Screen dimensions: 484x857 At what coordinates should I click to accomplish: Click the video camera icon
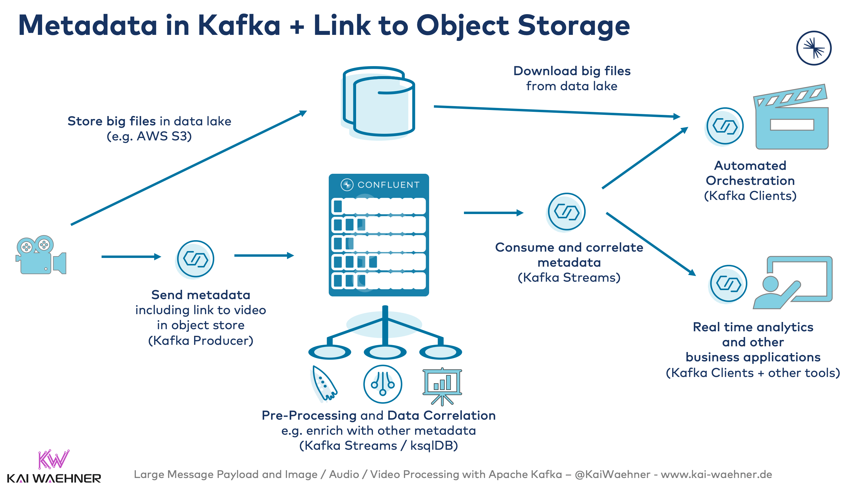[41, 255]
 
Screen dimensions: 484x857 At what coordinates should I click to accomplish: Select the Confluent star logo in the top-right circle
[814, 48]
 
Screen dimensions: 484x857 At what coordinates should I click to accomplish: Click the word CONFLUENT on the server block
[389, 185]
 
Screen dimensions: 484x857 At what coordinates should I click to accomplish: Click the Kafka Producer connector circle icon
[195, 259]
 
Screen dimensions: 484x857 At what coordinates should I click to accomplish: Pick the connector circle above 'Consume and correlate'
[566, 212]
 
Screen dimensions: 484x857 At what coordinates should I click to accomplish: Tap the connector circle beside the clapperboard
[725, 127]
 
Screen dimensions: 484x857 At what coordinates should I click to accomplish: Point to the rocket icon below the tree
[323, 384]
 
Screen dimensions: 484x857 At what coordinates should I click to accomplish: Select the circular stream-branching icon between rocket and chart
[383, 384]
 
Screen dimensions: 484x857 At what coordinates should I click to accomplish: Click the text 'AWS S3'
[164, 136]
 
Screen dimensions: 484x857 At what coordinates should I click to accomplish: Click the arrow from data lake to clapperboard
[556, 112]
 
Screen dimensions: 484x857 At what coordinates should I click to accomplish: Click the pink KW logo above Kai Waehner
[53, 459]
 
